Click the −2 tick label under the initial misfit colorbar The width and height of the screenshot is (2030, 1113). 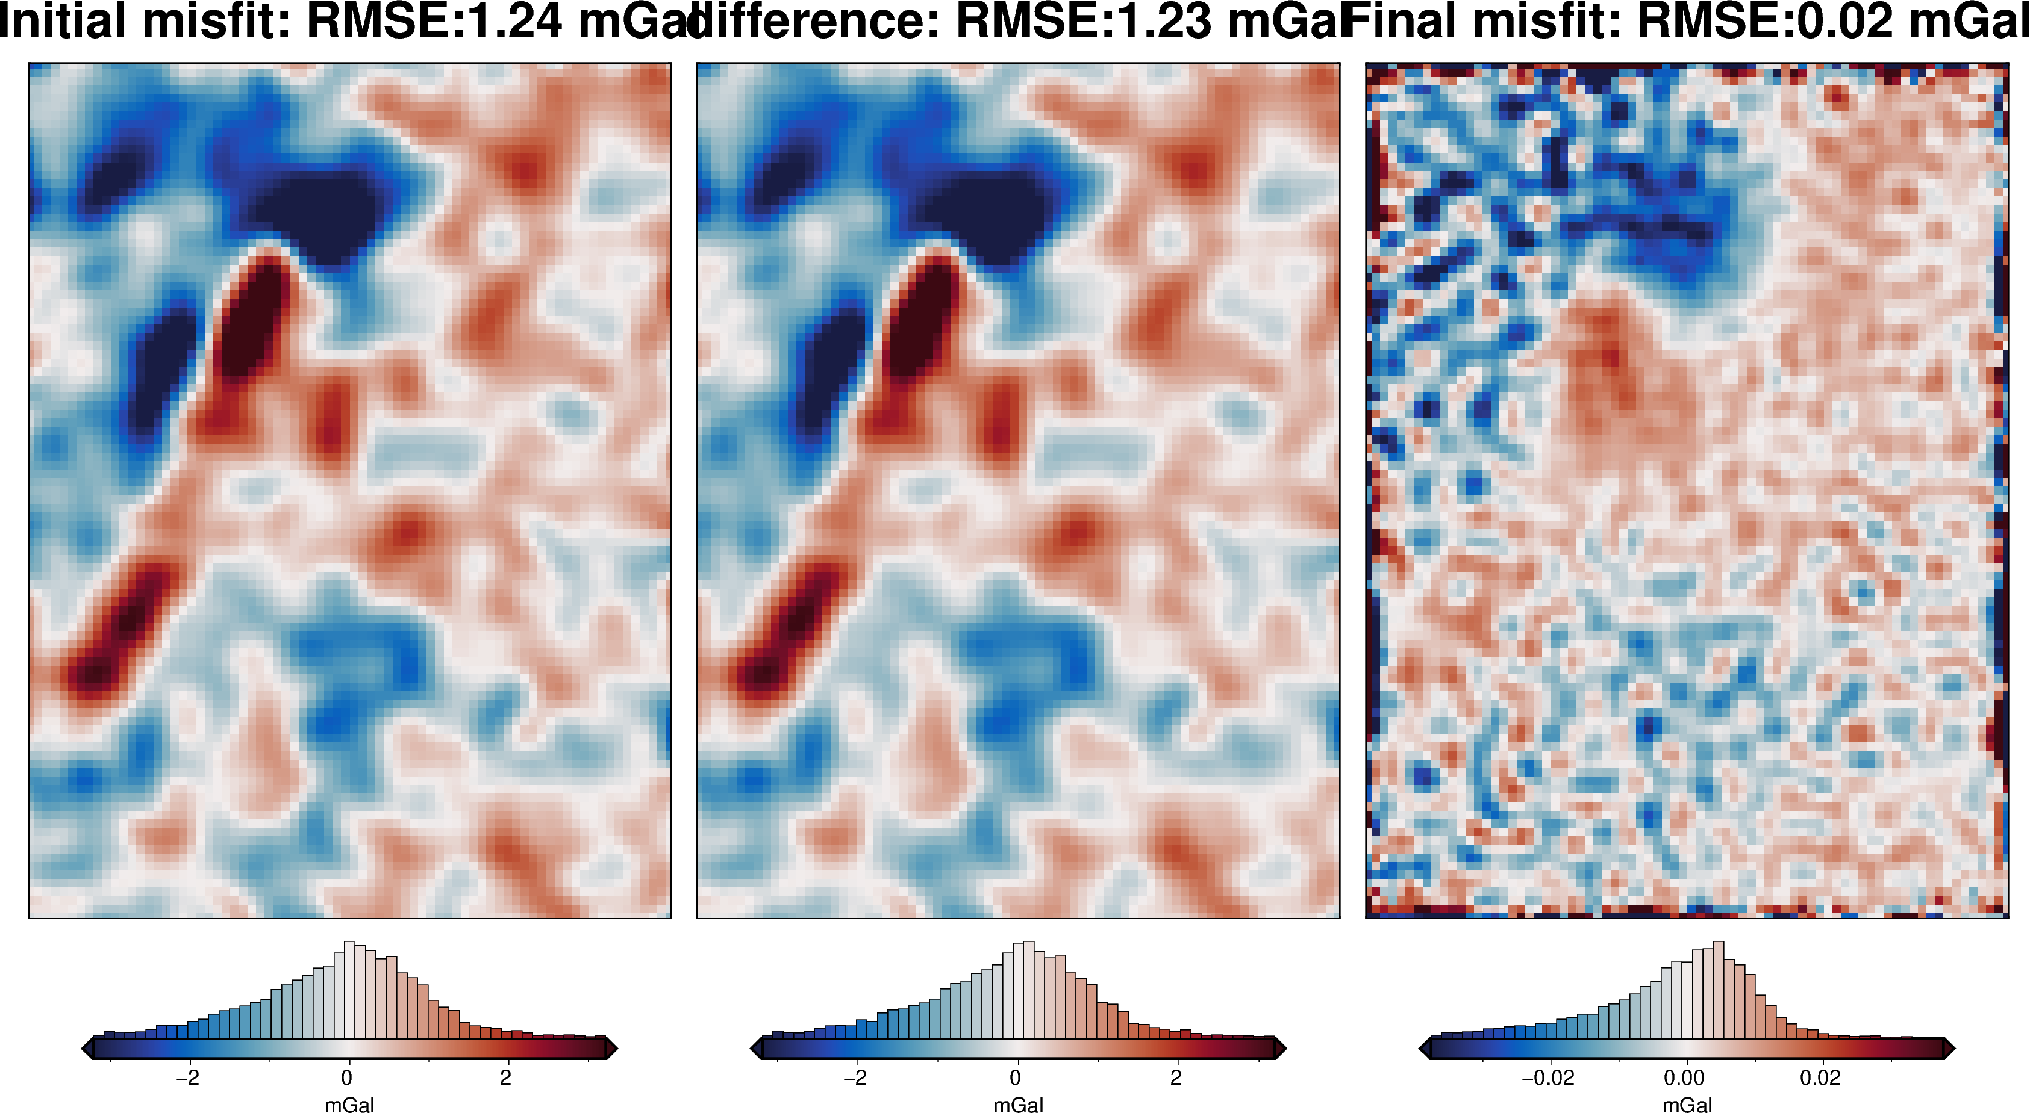click(187, 1077)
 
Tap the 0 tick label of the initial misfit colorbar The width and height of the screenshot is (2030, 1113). click(347, 1077)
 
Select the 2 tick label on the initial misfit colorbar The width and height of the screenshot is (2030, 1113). click(506, 1077)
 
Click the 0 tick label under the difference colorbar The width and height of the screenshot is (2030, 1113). click(1015, 1077)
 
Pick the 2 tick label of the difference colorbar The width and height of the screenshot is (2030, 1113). click(1176, 1077)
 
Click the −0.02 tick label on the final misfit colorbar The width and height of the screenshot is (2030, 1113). click(1547, 1077)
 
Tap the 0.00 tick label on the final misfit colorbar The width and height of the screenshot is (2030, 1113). click(1684, 1077)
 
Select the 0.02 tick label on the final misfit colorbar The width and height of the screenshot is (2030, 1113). click(1820, 1077)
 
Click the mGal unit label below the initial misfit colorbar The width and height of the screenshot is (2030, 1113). click(349, 1105)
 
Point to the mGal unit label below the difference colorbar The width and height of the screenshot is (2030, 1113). click(1018, 1105)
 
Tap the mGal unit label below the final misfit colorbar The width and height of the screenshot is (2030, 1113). click(1687, 1105)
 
